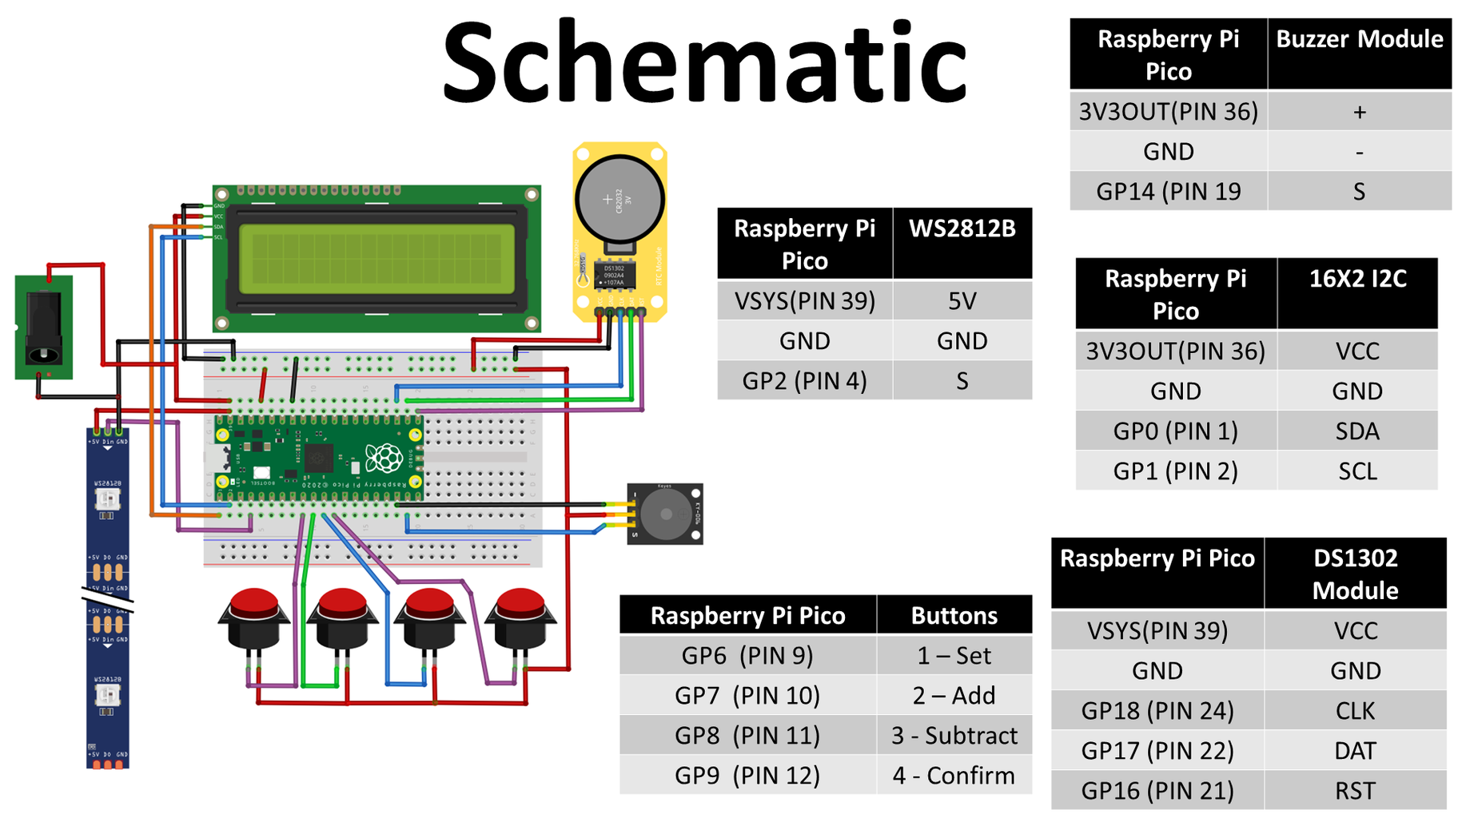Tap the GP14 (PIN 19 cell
pos(1168,192)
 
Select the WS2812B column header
pos(962,244)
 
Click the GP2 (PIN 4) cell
pos(804,381)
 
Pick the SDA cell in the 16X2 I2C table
pos(1356,431)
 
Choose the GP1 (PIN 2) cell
pos(1175,471)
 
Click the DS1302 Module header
pos(1355,574)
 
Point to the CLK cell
pos(1355,710)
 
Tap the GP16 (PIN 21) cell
pos(1157,791)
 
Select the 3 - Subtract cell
pos(954,736)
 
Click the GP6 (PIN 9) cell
pos(747,656)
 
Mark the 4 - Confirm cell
pos(954,776)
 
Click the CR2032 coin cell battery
pos(619,200)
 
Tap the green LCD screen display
pos(376,259)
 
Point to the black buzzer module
pos(665,514)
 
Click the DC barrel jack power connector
pos(44,328)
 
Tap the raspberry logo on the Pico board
pos(384,459)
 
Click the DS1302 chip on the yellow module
pos(614,275)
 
